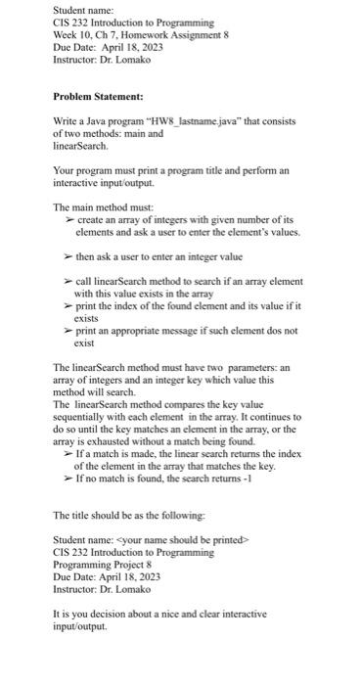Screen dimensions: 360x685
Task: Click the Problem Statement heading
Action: tap(98, 97)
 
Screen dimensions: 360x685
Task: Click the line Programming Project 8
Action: tap(104, 566)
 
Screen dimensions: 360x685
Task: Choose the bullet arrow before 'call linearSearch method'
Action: tap(68, 280)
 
